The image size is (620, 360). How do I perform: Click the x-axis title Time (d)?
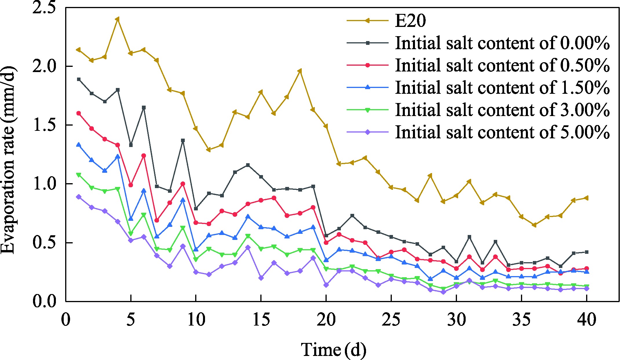click(334, 350)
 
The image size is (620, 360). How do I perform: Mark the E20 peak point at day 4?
click(118, 19)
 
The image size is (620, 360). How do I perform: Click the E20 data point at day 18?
click(300, 71)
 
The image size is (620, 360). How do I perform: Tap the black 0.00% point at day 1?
click(78, 79)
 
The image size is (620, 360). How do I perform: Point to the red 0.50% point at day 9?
click(183, 184)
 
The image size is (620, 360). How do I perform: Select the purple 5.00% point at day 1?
click(78, 197)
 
